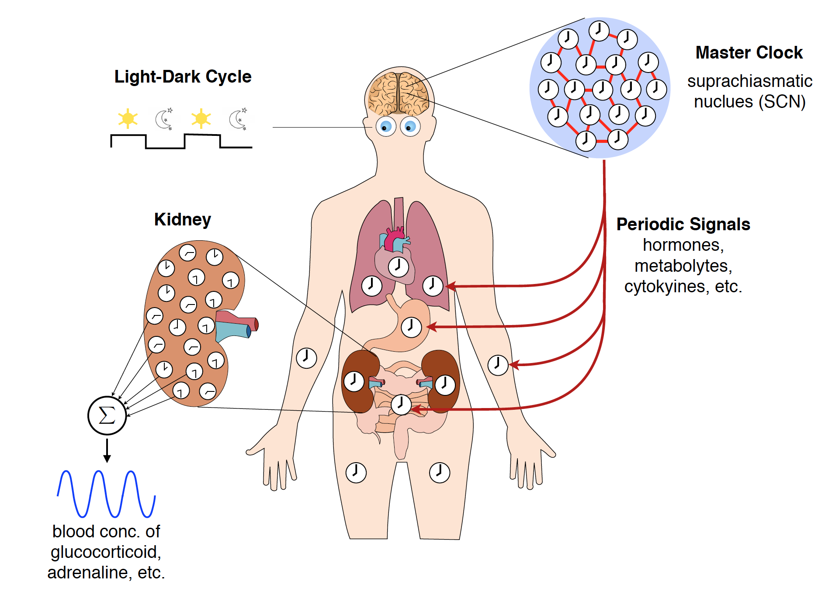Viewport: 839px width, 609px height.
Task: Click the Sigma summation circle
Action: tap(107, 415)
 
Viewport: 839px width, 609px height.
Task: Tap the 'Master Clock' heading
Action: tap(749, 52)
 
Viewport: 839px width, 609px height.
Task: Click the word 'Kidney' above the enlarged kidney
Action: tap(182, 219)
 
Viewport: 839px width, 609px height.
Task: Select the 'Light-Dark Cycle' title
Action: tap(183, 76)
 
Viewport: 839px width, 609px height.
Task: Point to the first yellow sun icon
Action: tap(128, 118)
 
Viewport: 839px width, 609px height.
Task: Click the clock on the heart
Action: tap(398, 266)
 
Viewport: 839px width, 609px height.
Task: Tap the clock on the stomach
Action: tap(411, 327)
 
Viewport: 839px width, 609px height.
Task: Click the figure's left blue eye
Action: tap(386, 127)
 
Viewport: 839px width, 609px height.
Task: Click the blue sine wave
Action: tap(106, 494)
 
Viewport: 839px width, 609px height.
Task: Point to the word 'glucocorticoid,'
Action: tap(106, 552)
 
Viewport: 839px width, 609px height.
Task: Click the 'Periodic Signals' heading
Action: tap(683, 224)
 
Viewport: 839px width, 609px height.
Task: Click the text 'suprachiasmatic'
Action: tap(749, 81)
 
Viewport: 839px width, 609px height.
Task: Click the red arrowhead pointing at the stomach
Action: tap(431, 327)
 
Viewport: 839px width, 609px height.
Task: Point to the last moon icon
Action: tap(238, 119)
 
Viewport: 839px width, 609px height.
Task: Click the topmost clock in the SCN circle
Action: tap(599, 31)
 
